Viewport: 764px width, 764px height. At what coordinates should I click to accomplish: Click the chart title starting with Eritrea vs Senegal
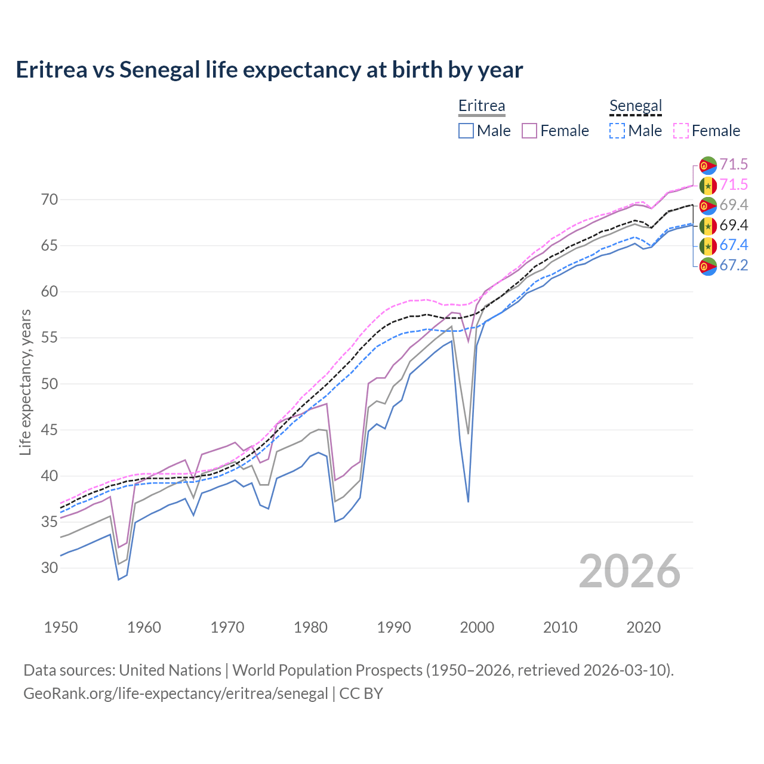tap(269, 70)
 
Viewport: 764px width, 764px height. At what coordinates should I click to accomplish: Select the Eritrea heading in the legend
tap(481, 106)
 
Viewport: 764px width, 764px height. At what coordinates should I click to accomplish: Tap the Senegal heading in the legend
tap(636, 106)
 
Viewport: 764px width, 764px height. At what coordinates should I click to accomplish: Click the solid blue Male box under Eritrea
tap(466, 131)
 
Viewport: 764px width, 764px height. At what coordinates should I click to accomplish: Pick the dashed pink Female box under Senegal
tap(681, 131)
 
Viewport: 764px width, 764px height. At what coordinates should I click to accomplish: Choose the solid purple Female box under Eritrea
tap(530, 131)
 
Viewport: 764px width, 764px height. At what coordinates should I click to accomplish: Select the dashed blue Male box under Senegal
tap(617, 131)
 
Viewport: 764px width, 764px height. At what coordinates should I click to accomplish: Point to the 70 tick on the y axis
tap(50, 199)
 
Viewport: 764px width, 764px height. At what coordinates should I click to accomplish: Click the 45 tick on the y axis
tap(50, 430)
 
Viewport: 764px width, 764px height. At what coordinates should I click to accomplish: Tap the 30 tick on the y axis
tap(50, 568)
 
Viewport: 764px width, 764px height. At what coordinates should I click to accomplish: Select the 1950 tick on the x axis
tap(61, 627)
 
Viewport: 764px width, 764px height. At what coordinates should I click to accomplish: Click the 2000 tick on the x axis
tap(477, 627)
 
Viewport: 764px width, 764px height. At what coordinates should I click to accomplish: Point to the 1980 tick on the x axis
tap(311, 627)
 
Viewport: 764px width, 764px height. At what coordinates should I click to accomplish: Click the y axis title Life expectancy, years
tap(25, 383)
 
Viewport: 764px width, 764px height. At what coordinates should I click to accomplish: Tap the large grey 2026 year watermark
tap(629, 571)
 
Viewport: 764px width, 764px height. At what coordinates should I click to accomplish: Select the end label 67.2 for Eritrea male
tap(734, 266)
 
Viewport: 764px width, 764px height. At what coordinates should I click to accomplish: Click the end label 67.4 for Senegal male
tap(734, 245)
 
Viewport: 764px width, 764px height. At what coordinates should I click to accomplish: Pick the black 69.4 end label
tap(734, 225)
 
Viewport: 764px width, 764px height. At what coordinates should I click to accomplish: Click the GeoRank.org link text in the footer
tap(175, 694)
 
